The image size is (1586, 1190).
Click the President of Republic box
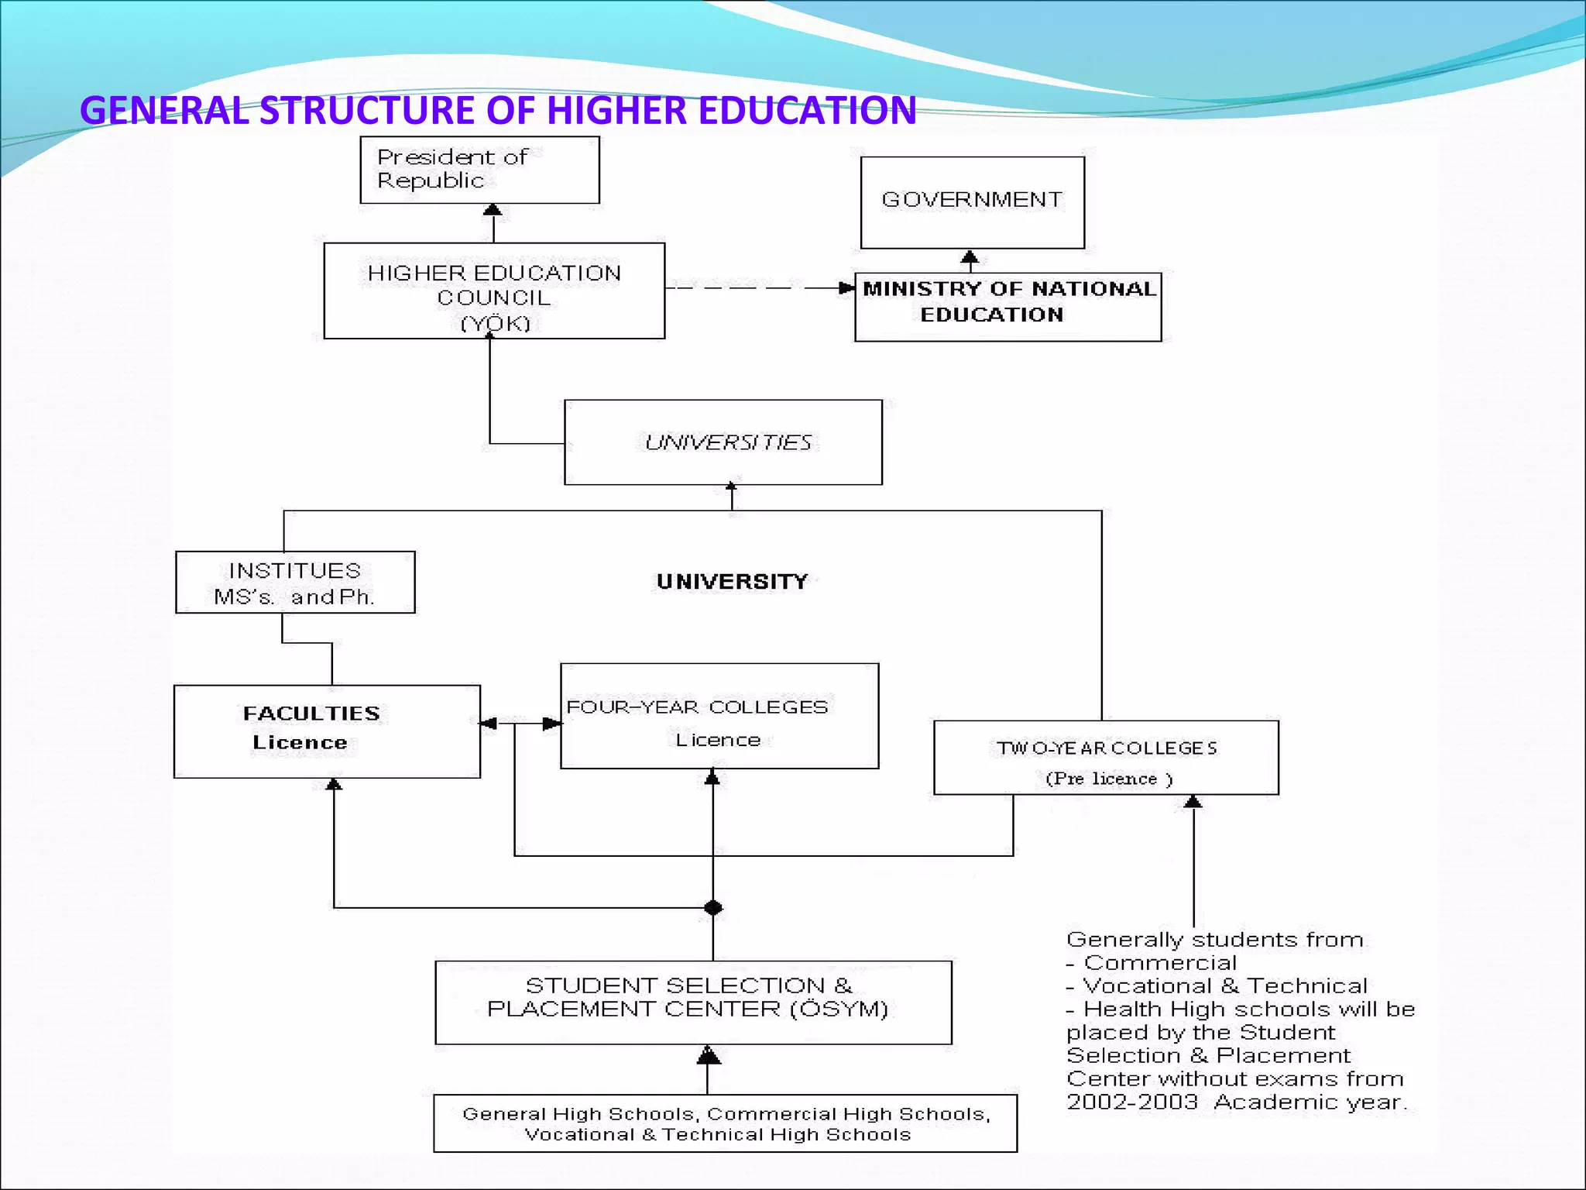(479, 170)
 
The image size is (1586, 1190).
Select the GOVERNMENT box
(972, 202)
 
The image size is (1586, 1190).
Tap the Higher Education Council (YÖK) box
(494, 291)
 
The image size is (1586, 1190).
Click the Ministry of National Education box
(1008, 307)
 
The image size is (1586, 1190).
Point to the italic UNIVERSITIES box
(723, 442)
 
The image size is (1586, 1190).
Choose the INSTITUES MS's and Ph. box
(295, 583)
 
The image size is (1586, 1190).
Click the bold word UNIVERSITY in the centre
(732, 582)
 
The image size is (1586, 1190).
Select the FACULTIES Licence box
(327, 731)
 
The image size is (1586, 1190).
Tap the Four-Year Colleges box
(719, 716)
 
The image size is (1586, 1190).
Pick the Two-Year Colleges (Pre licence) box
(1106, 758)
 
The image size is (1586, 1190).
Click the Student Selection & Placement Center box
(693, 1003)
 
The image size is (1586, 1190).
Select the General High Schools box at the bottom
(725, 1123)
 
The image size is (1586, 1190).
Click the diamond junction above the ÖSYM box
(713, 907)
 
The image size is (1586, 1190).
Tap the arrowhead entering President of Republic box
(493, 210)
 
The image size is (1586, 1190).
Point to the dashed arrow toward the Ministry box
(759, 288)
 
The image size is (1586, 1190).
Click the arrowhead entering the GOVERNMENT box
(970, 256)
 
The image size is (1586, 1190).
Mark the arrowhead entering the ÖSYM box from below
(708, 1054)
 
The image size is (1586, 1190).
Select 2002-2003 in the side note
(1131, 1102)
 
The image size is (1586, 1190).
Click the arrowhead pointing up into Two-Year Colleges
(1193, 802)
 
